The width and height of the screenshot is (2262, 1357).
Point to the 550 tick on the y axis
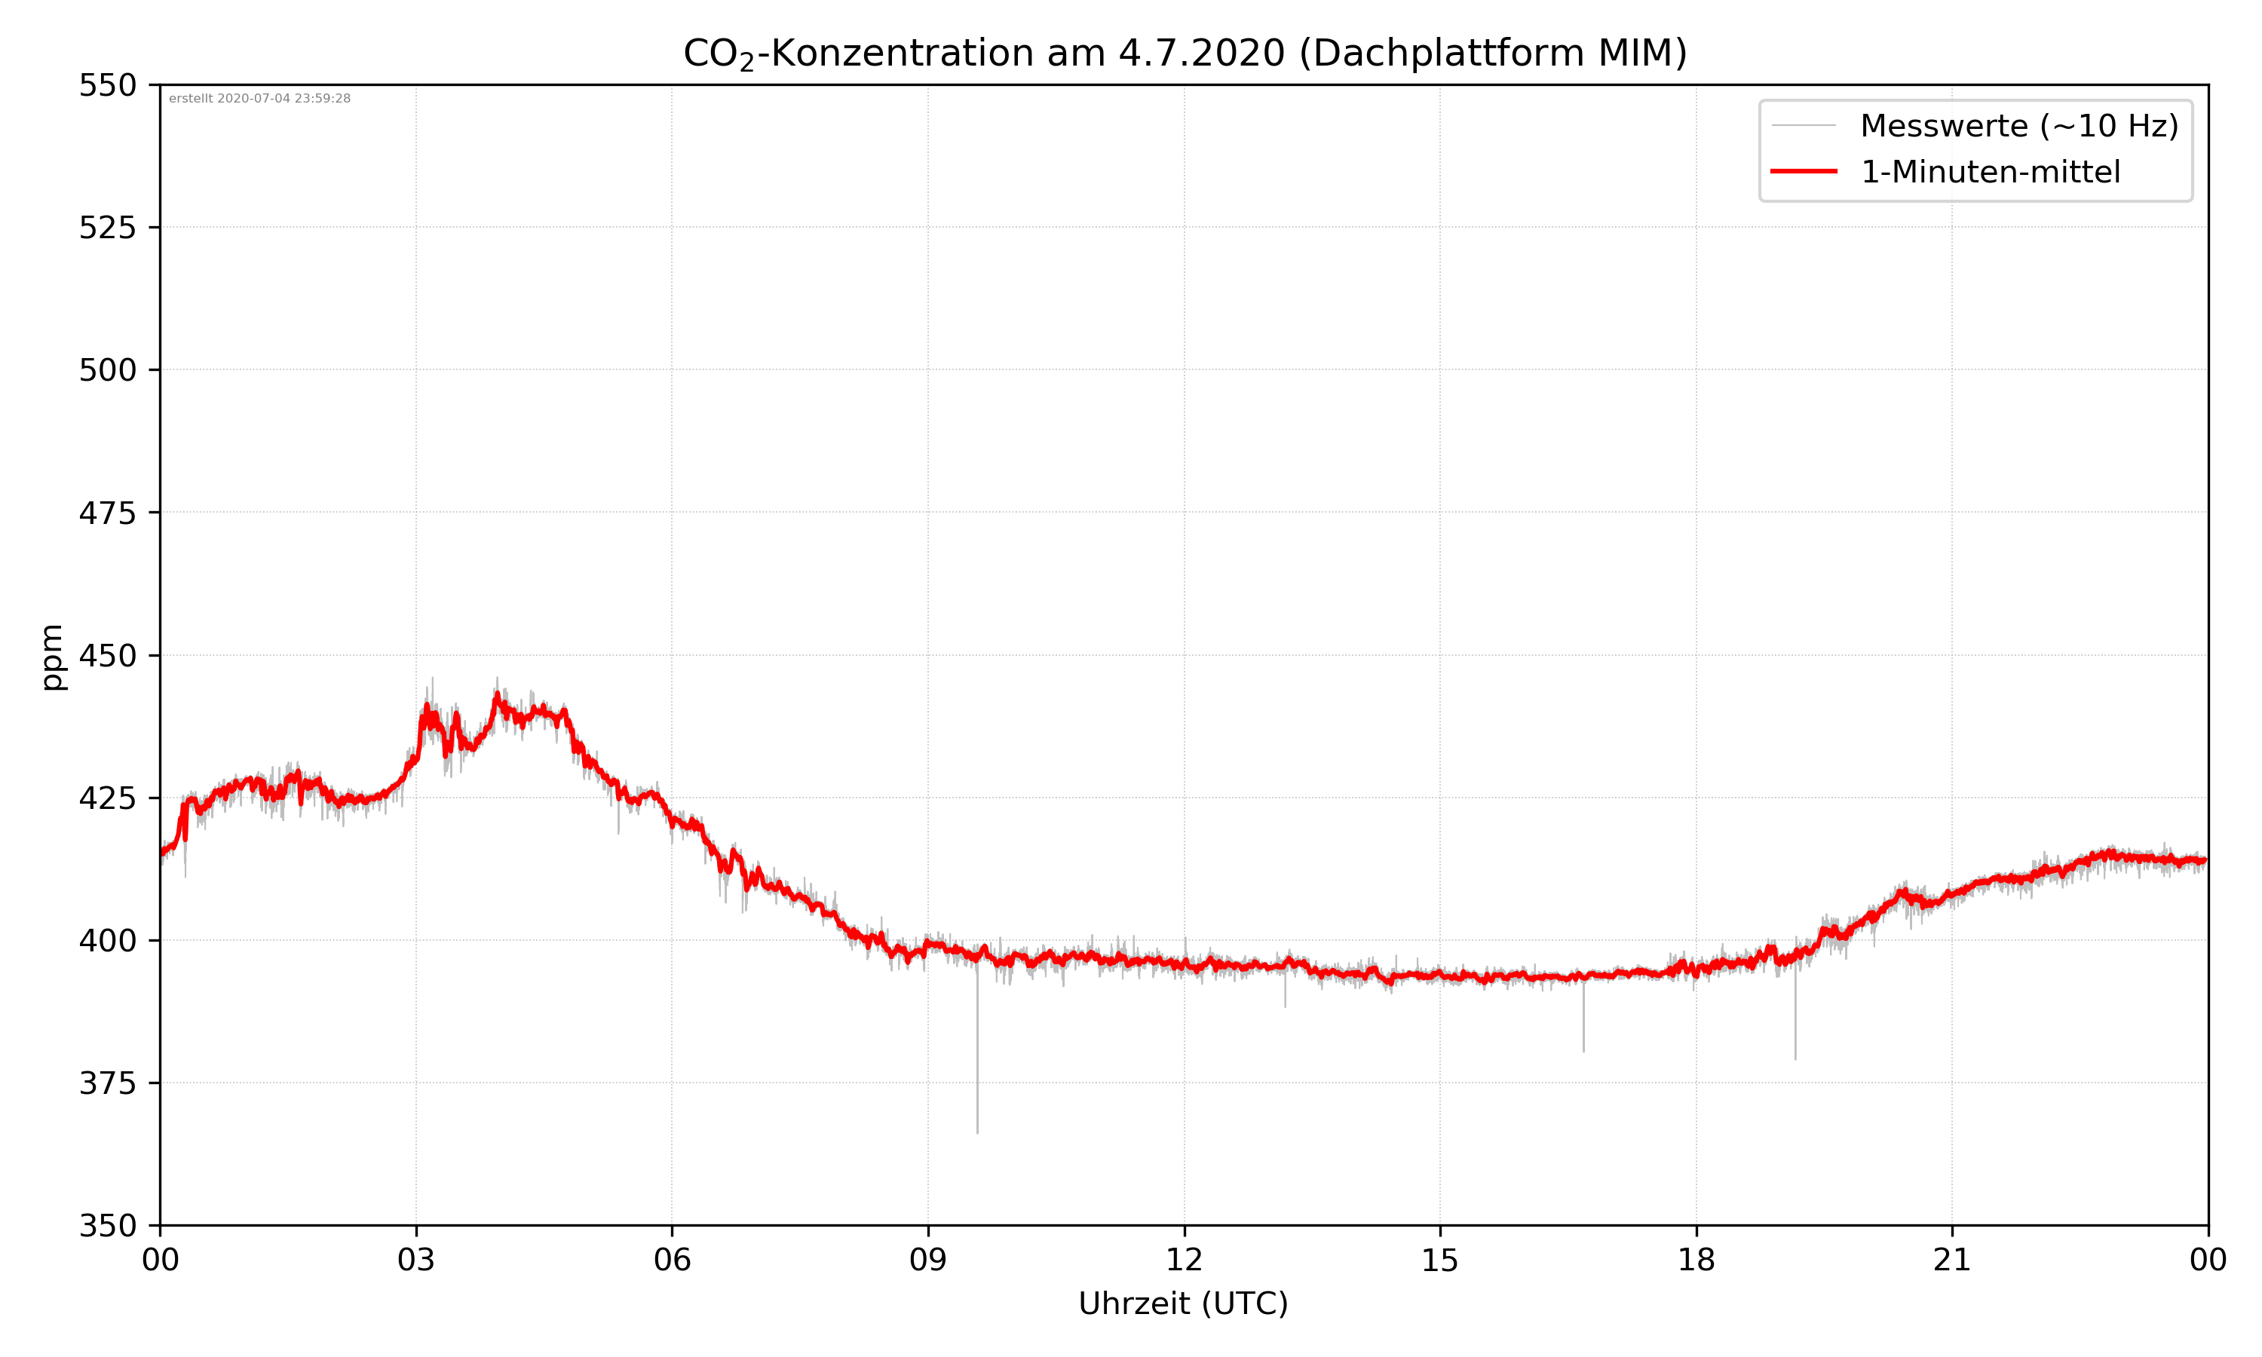[107, 85]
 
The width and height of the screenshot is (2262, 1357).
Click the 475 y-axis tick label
[107, 513]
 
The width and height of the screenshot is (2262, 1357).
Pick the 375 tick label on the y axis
[107, 1083]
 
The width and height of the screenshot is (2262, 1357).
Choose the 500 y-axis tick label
[107, 370]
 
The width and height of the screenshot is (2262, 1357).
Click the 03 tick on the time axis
[416, 1260]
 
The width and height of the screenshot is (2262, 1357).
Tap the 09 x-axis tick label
[928, 1260]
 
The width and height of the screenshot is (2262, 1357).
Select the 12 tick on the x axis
[1184, 1260]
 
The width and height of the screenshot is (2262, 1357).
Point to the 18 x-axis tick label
[1696, 1260]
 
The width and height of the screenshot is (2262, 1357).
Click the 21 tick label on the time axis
[1952, 1260]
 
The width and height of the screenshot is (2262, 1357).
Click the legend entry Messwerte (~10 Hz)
[2018, 126]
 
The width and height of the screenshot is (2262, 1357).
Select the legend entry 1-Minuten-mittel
[1990, 172]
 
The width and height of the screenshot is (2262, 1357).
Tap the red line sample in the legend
[1803, 172]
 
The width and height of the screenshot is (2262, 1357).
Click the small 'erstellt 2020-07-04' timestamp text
[259, 99]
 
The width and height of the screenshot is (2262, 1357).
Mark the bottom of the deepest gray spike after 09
[977, 1132]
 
